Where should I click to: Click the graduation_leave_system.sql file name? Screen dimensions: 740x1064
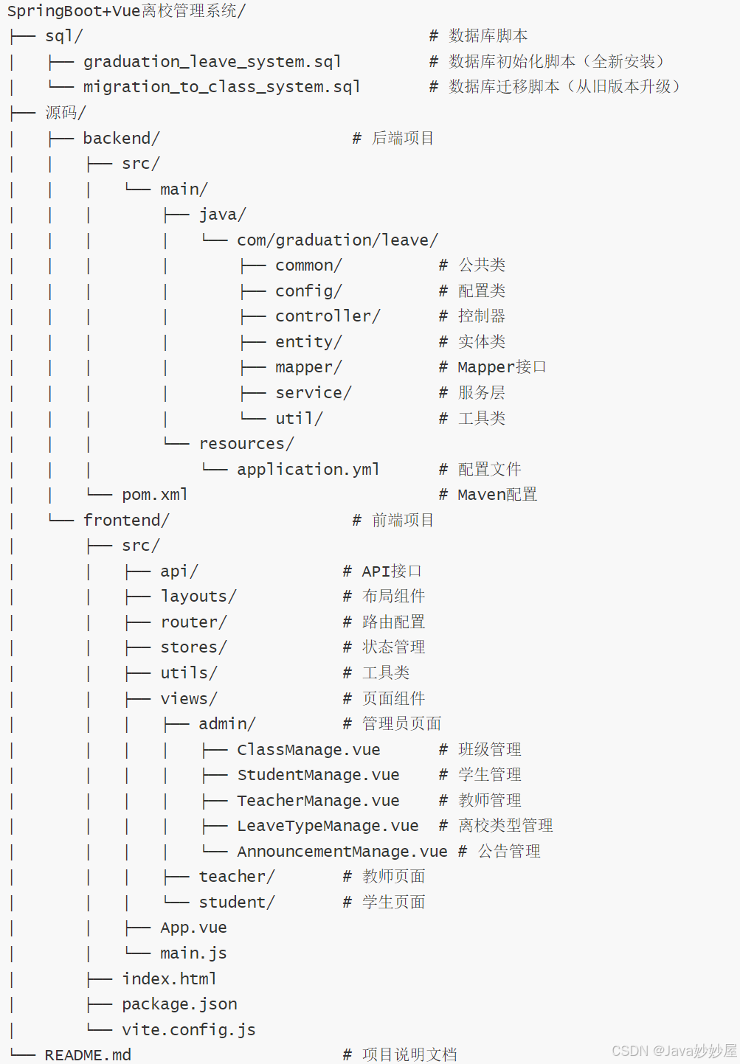pyautogui.click(x=212, y=62)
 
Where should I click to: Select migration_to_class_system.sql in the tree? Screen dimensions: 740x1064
pyautogui.click(x=221, y=87)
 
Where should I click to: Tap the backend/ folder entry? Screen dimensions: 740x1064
pyautogui.click(x=121, y=138)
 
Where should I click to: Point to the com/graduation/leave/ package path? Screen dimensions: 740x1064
pyautogui.click(x=337, y=240)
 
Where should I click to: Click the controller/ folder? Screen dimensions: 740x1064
pyautogui.click(x=328, y=316)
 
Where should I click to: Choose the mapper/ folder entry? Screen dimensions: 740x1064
pyautogui.click(x=308, y=367)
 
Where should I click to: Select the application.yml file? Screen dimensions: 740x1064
pyautogui.click(x=308, y=469)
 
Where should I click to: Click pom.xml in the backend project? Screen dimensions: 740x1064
pyautogui.click(x=155, y=495)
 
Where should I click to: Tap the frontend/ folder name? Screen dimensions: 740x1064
pyautogui.click(x=126, y=520)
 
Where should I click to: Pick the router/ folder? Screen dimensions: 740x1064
pyautogui.click(x=193, y=622)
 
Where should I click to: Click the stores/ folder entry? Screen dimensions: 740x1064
pyautogui.click(x=193, y=647)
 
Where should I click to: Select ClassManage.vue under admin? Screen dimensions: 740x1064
pyautogui.click(x=308, y=750)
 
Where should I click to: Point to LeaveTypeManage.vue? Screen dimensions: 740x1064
pyautogui.click(x=328, y=826)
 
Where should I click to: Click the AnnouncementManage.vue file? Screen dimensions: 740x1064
pyautogui.click(x=342, y=851)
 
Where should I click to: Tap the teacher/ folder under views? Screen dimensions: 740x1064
pyautogui.click(x=237, y=877)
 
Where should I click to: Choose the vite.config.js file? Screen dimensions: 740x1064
pyautogui.click(x=189, y=1029)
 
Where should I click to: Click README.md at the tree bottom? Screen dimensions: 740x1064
pyautogui.click(x=88, y=1055)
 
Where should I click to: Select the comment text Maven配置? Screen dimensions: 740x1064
pyautogui.click(x=497, y=495)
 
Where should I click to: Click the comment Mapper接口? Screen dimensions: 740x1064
pyautogui.click(x=502, y=367)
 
